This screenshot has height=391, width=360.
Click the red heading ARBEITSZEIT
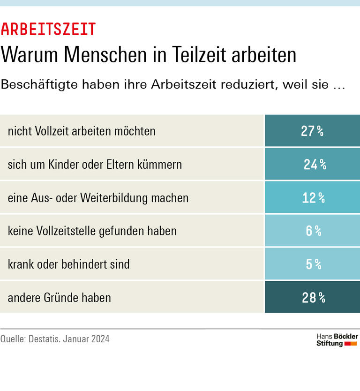pos(48,30)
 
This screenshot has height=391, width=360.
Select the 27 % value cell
pos(312,131)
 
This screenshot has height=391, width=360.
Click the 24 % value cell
pos(312,165)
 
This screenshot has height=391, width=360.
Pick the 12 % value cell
pos(312,198)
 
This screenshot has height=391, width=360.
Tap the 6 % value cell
pos(312,231)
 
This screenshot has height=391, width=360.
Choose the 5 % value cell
pos(312,264)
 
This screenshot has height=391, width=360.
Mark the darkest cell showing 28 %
pos(312,297)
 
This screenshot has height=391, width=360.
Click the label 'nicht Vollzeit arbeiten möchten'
pos(82,131)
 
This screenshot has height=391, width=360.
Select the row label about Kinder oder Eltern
pos(95,165)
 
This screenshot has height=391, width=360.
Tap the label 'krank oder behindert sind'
pos(68,264)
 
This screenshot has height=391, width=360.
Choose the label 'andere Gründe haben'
pos(59,297)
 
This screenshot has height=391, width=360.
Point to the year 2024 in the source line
pos(99,338)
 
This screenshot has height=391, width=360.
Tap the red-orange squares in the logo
pos(351,344)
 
